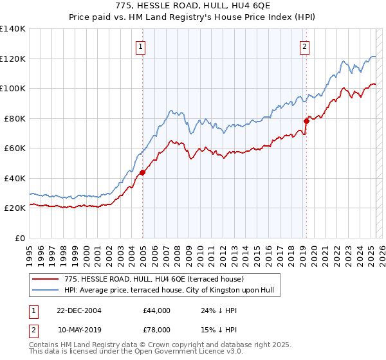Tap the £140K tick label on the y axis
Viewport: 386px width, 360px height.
click(13, 29)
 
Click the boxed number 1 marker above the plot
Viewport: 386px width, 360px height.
click(140, 46)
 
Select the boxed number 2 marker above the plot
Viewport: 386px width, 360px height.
click(304, 46)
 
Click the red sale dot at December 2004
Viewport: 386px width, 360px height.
click(143, 172)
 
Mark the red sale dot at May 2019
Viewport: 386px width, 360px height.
click(307, 121)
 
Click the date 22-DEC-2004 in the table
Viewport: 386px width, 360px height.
click(80, 310)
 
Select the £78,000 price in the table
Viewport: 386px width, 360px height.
click(157, 329)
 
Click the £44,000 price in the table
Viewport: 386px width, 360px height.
click(157, 310)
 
